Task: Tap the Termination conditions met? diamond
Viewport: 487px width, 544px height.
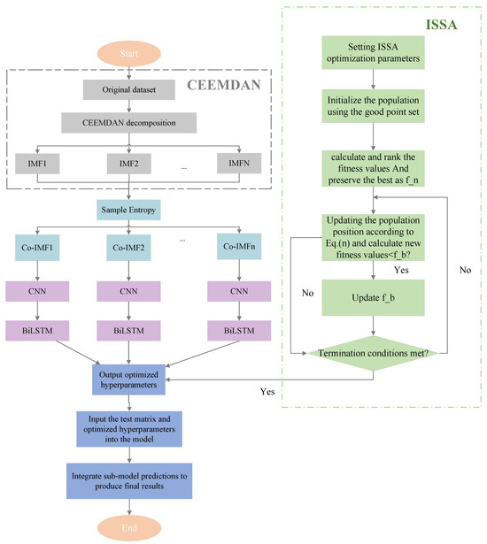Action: pos(378,352)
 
